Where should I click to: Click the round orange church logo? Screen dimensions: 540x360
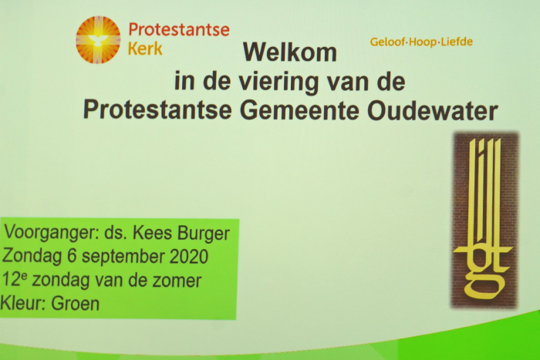(x=98, y=39)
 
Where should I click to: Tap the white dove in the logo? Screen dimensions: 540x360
(x=98, y=40)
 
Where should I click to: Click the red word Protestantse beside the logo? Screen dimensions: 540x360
(x=179, y=29)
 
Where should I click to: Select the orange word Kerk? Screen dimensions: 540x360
(x=145, y=49)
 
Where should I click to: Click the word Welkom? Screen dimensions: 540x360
(x=289, y=52)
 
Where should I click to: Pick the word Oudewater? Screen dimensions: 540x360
(x=433, y=111)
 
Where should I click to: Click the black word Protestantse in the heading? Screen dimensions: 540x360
(x=157, y=109)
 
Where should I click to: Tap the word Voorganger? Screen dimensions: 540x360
(x=52, y=234)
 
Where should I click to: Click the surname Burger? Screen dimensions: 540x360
(x=204, y=234)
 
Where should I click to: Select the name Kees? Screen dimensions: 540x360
(x=152, y=233)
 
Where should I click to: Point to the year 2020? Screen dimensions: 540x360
(x=189, y=257)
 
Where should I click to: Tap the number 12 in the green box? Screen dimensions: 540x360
(x=12, y=280)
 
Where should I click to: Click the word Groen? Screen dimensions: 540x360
(x=75, y=304)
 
